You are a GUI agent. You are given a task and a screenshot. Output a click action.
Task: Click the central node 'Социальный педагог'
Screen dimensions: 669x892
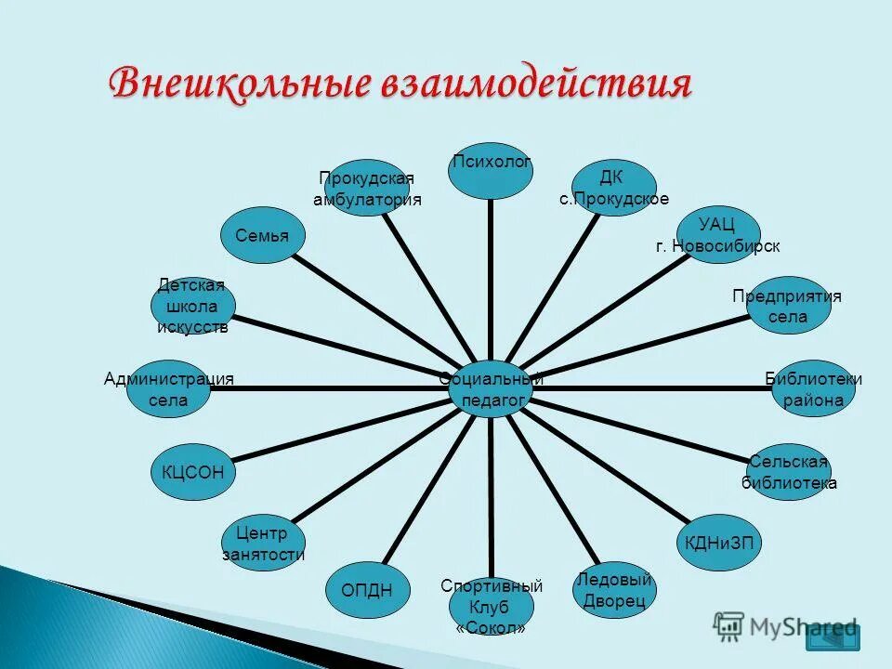tap(492, 388)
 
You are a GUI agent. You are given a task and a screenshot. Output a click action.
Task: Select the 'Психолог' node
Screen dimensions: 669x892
tap(492, 169)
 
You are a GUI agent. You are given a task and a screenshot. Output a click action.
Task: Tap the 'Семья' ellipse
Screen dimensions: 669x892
tap(262, 235)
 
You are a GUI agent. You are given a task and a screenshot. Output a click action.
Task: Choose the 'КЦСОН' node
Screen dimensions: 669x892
tap(193, 472)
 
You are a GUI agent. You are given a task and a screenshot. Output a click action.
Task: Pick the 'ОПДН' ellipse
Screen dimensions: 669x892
tap(367, 589)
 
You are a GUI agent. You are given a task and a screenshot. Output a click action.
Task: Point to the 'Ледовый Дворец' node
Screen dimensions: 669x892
tap(614, 590)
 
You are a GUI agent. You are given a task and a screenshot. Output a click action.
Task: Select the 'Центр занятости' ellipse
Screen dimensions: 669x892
tap(263, 544)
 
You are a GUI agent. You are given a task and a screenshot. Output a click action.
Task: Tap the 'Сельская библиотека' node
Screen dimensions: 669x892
tap(789, 472)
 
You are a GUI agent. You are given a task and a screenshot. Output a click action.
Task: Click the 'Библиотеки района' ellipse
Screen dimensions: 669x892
tap(813, 388)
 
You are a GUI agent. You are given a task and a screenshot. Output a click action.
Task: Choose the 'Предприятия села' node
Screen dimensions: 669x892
tap(788, 306)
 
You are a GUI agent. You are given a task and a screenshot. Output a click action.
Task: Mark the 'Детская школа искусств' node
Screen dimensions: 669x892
tap(193, 306)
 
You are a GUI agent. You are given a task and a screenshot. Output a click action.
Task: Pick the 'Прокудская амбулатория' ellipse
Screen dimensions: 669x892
tap(367, 188)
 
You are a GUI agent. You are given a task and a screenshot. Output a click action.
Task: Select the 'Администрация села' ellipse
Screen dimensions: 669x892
tap(167, 388)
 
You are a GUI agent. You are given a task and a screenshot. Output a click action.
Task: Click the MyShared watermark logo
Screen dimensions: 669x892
tap(786, 626)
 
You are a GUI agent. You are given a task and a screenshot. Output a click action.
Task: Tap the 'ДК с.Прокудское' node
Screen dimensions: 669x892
tap(613, 188)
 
